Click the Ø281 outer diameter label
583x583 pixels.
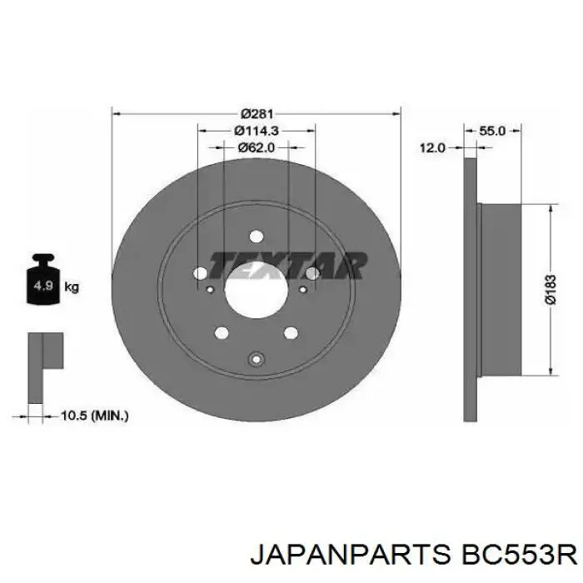tap(257, 113)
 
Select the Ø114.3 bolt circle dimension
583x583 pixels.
tap(257, 131)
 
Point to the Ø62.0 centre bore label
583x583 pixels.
tap(257, 147)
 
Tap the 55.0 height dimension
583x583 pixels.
tap(492, 131)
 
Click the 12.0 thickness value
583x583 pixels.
tap(432, 148)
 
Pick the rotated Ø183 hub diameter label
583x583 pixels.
tap(551, 289)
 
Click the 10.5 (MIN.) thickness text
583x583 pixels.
tap(94, 416)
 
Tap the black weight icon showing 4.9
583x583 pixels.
tap(43, 279)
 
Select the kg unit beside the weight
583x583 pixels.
tap(72, 287)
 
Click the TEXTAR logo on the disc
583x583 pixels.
tap(287, 266)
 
